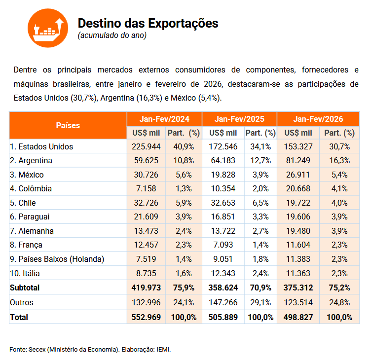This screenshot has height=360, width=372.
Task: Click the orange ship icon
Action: point(47,28)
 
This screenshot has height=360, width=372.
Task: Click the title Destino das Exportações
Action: point(148,23)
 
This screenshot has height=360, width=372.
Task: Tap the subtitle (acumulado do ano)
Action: point(112,36)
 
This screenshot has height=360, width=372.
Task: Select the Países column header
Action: point(68,125)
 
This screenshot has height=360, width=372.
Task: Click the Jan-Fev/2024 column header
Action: point(164,119)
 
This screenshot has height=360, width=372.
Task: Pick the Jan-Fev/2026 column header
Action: point(318,119)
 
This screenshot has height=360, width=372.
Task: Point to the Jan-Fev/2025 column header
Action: point(239,119)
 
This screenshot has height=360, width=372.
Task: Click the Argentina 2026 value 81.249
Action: point(298,160)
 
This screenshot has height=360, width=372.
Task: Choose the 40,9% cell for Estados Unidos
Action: point(183,146)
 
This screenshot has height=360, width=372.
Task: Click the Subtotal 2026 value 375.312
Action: point(298,288)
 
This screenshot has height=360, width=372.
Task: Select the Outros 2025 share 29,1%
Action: point(260,302)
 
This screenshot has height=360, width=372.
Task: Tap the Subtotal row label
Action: point(25,288)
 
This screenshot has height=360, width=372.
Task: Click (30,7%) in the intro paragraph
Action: point(84,98)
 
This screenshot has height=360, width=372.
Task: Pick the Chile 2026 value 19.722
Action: point(298,203)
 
